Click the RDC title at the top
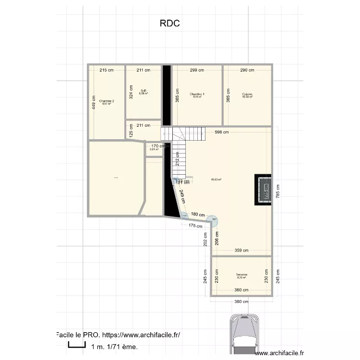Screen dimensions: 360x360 170,23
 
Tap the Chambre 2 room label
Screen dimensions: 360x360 107,102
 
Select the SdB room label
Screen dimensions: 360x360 143,92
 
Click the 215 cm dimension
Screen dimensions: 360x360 107,70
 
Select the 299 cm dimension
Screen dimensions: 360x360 197,70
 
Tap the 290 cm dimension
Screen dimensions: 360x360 247,70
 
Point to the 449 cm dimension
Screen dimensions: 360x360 94,101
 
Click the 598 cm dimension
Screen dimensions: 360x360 221,132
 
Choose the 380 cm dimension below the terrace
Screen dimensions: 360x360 241,302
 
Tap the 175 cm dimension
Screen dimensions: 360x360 195,226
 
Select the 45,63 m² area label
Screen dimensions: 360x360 216,180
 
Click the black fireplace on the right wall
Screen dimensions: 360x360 264,189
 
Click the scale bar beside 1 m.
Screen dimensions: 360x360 76,344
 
